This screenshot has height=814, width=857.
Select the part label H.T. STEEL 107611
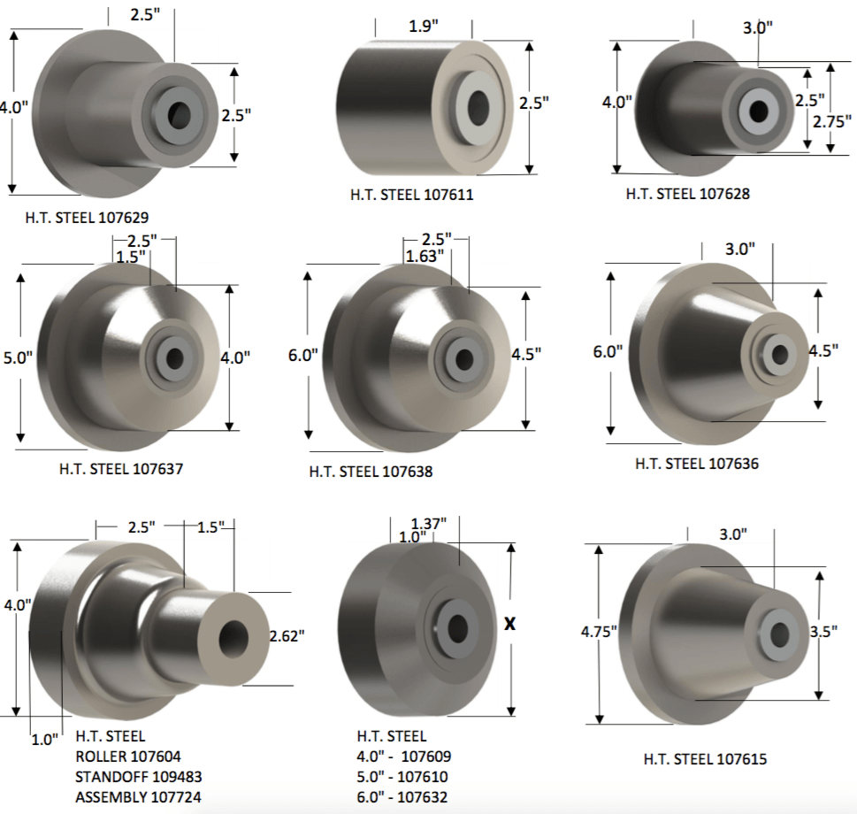point(411,195)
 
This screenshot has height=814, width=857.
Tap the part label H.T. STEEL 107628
point(687,194)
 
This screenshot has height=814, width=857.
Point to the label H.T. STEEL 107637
point(121,469)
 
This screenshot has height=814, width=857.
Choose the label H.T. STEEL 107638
point(371,472)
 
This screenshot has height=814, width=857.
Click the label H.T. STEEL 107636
point(696,463)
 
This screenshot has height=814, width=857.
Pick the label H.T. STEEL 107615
point(705,758)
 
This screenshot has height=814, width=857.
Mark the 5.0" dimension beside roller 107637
point(18,357)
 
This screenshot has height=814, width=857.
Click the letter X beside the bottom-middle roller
point(509,623)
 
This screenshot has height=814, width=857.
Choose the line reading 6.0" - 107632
point(402,797)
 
